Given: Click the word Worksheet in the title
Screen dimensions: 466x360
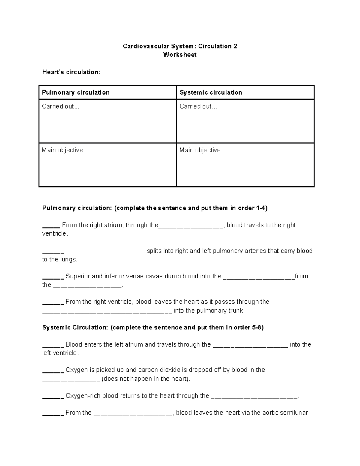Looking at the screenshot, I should [x=180, y=55].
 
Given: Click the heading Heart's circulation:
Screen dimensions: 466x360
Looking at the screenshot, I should [x=71, y=72].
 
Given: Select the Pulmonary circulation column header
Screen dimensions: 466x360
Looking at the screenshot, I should [x=76, y=92].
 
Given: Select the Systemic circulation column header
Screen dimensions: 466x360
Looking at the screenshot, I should [x=211, y=92].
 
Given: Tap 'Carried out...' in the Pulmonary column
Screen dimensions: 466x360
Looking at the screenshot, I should [x=61, y=107].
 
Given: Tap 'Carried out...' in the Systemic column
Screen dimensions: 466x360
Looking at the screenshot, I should [x=198, y=107].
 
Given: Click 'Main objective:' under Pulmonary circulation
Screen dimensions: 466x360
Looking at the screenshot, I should [x=63, y=150].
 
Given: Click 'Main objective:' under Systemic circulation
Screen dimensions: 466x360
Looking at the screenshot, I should [x=201, y=150].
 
